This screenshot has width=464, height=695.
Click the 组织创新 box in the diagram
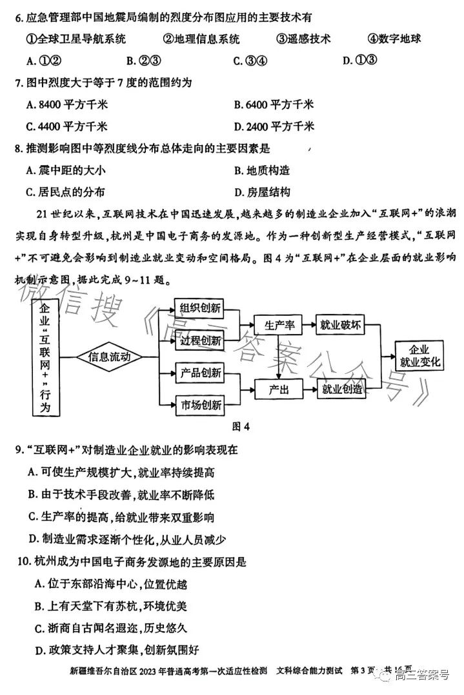tap(199, 308)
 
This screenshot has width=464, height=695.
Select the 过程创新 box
tap(200, 341)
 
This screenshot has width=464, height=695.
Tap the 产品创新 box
tap(200, 373)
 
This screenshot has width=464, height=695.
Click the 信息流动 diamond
tap(109, 357)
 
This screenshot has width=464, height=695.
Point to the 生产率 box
tap(278, 326)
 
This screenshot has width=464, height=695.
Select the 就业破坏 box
tap(340, 326)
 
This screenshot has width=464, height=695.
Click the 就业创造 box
tap(341, 389)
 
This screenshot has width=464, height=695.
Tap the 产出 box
tap(279, 389)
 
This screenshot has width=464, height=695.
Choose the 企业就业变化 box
tap(419, 356)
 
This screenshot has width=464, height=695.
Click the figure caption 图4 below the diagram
tap(241, 426)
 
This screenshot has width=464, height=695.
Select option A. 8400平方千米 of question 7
tap(67, 105)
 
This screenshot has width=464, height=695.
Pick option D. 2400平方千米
tap(274, 127)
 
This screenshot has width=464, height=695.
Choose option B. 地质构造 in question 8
tap(262, 171)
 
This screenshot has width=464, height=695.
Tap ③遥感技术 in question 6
tap(303, 39)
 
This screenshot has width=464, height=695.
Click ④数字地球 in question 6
tap(394, 39)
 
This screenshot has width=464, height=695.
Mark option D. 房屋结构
tap(262, 192)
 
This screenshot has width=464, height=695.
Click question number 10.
tap(24, 562)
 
